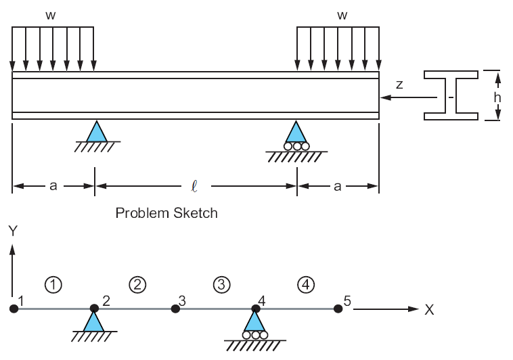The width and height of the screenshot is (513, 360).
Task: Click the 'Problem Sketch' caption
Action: click(166, 213)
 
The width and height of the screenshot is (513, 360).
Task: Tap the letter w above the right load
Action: click(342, 14)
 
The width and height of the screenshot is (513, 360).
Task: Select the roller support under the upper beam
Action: click(296, 136)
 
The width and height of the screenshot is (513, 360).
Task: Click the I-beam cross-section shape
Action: click(452, 95)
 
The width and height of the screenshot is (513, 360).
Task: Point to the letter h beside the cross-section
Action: click(497, 97)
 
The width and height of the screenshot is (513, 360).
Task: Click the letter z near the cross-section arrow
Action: click(399, 85)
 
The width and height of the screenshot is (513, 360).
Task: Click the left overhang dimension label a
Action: click(53, 186)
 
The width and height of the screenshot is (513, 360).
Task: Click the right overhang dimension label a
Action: click(337, 186)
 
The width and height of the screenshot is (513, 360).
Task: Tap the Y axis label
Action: click(12, 231)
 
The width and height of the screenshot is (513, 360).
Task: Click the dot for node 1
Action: click(14, 309)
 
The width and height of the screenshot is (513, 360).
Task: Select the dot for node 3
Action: click(175, 309)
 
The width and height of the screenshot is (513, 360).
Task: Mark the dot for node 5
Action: click(338, 309)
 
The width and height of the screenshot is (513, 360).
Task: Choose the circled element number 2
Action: click(137, 284)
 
